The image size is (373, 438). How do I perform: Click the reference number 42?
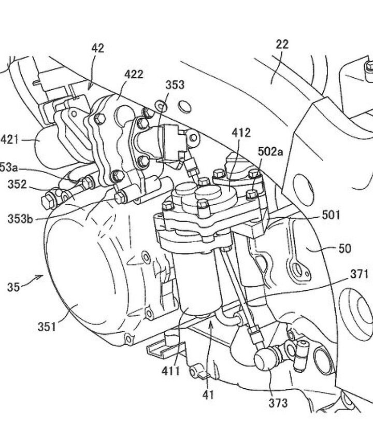pos(98,48)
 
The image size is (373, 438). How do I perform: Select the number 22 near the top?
pos(282,45)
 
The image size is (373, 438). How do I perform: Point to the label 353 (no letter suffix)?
pos(175,85)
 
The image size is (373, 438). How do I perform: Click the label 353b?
pos(21,218)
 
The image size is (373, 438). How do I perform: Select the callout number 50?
pos(344,249)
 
